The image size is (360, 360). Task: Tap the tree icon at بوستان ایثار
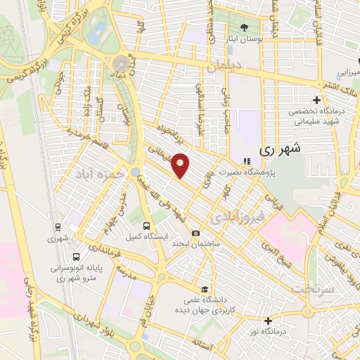click(244, 28)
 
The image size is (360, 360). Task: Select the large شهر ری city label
click(280, 148)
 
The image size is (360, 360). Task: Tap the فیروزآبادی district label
click(240, 212)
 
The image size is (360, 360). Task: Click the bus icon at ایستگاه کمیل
click(146, 226)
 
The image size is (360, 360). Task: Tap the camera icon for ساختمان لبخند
click(195, 233)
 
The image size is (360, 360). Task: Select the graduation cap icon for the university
click(204, 289)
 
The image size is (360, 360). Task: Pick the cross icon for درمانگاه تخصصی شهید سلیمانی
click(317, 101)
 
